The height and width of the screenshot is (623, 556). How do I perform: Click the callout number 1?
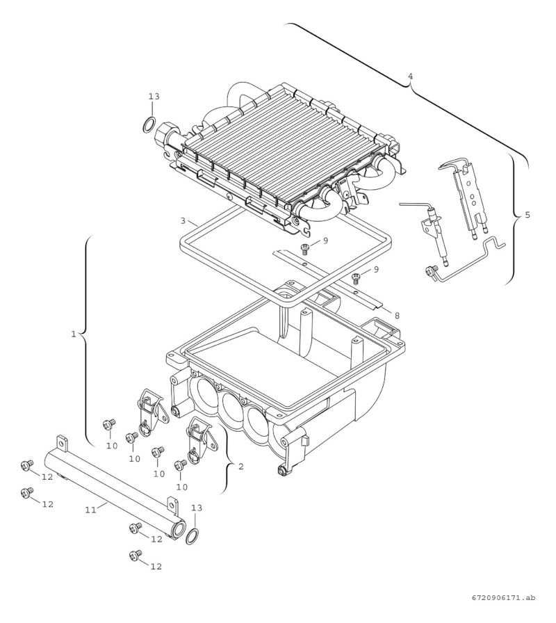(x=74, y=334)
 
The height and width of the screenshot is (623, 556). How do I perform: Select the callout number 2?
(x=240, y=467)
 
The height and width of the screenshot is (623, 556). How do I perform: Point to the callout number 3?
(x=182, y=220)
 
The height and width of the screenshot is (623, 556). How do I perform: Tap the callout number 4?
(x=410, y=75)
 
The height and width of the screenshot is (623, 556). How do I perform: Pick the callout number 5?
(x=527, y=215)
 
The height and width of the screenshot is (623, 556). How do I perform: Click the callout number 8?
(x=396, y=315)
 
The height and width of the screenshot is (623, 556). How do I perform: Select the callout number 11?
(x=90, y=510)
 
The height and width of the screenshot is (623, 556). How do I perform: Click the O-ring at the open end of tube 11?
(x=194, y=535)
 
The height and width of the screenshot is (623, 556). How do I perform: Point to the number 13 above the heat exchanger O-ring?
(x=154, y=97)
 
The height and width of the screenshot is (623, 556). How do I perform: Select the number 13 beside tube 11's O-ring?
(x=197, y=508)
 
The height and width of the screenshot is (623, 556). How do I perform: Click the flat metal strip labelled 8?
(x=327, y=277)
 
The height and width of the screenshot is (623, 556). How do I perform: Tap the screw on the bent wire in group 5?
(x=430, y=270)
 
